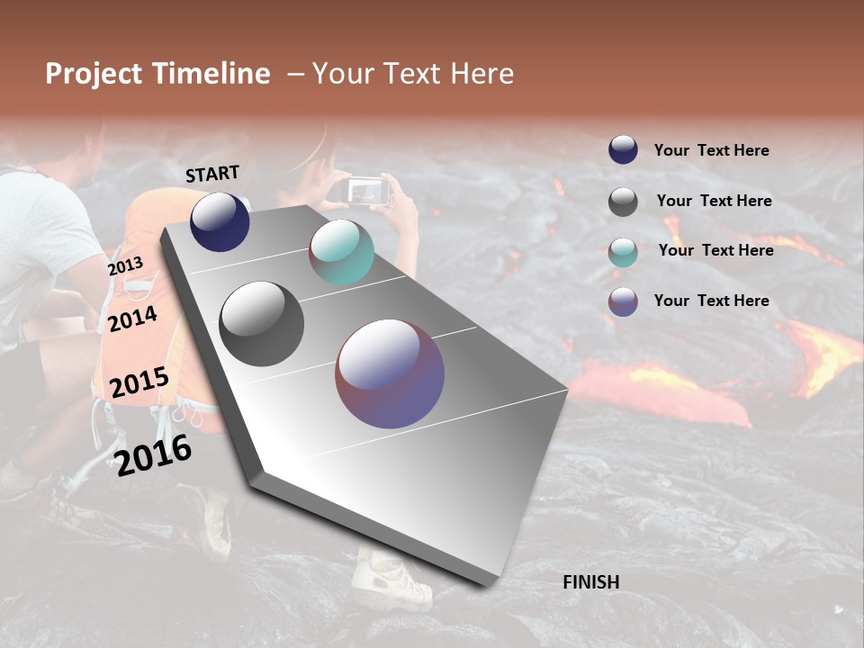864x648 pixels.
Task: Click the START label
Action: pyautogui.click(x=212, y=174)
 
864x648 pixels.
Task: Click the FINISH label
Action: pyautogui.click(x=590, y=582)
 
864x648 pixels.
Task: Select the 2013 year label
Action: pyautogui.click(x=125, y=266)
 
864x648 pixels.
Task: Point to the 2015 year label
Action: pyautogui.click(x=139, y=382)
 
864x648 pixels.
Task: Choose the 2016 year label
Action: pyautogui.click(x=154, y=455)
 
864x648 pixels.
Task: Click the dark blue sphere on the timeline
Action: pyautogui.click(x=220, y=221)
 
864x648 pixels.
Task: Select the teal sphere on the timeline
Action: pyautogui.click(x=341, y=252)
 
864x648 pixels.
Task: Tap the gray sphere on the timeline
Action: pyautogui.click(x=261, y=324)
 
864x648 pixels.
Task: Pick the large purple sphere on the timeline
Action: pyautogui.click(x=390, y=373)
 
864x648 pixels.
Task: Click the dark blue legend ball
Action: pyautogui.click(x=623, y=150)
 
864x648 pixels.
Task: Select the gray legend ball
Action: pyautogui.click(x=623, y=202)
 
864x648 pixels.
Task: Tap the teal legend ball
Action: pyautogui.click(x=623, y=252)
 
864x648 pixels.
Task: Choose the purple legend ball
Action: pyautogui.click(x=623, y=301)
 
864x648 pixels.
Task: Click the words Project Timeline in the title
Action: pyautogui.click(x=157, y=74)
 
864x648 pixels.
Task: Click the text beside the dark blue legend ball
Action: pyautogui.click(x=711, y=151)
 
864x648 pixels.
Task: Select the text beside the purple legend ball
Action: pyautogui.click(x=711, y=301)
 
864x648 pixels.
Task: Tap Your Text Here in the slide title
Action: pyautogui.click(x=413, y=74)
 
